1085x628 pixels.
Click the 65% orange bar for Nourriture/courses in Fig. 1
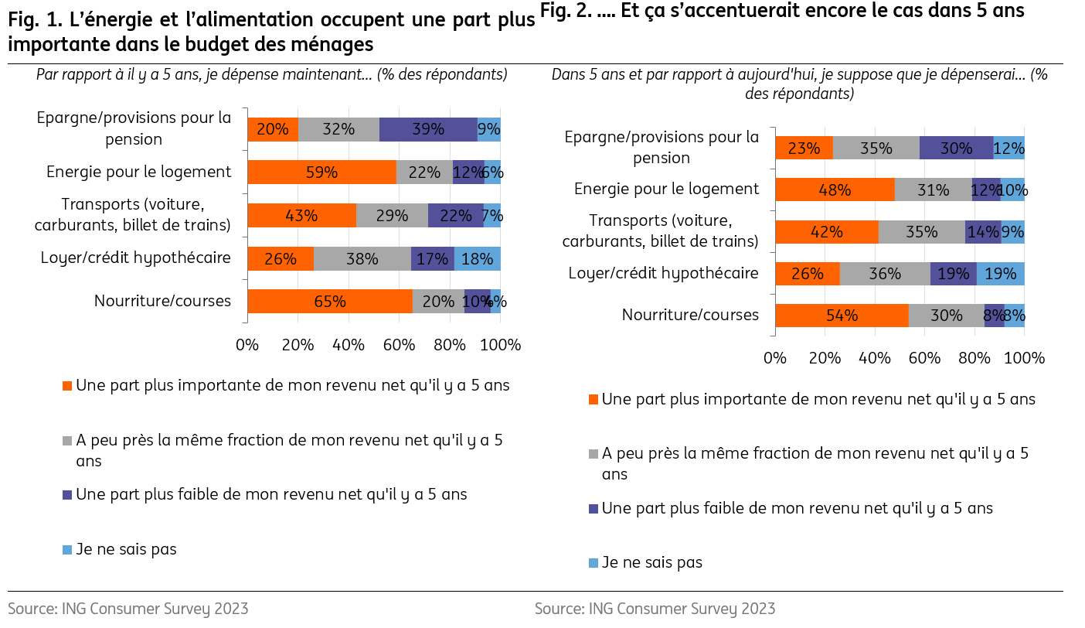pos(329,302)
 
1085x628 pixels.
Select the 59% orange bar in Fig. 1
pos(321,172)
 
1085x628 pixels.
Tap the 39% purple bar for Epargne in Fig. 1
pos(428,129)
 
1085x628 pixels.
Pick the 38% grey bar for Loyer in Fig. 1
pos(362,258)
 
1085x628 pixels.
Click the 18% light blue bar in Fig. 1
pos(477,258)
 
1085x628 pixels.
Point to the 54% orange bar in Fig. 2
pos(842,316)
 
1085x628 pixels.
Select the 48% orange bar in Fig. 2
pos(835,189)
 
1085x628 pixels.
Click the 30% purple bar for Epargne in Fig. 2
pos(957,148)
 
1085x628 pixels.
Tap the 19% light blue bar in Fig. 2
pos(1001,273)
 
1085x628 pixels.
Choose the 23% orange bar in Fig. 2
pos(804,148)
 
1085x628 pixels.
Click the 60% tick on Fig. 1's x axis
pos(400,345)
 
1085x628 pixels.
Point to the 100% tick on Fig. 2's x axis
pos(1025,358)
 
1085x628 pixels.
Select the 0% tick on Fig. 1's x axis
pos(247,345)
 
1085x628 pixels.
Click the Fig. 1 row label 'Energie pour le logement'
pos(139,172)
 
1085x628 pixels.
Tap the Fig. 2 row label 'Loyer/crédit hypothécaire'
pos(663,273)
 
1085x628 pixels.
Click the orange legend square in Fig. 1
pos(67,385)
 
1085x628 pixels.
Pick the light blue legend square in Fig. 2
pos(594,563)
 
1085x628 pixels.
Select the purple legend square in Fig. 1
pos(67,495)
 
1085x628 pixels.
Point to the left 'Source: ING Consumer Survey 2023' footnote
pos(128,609)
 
